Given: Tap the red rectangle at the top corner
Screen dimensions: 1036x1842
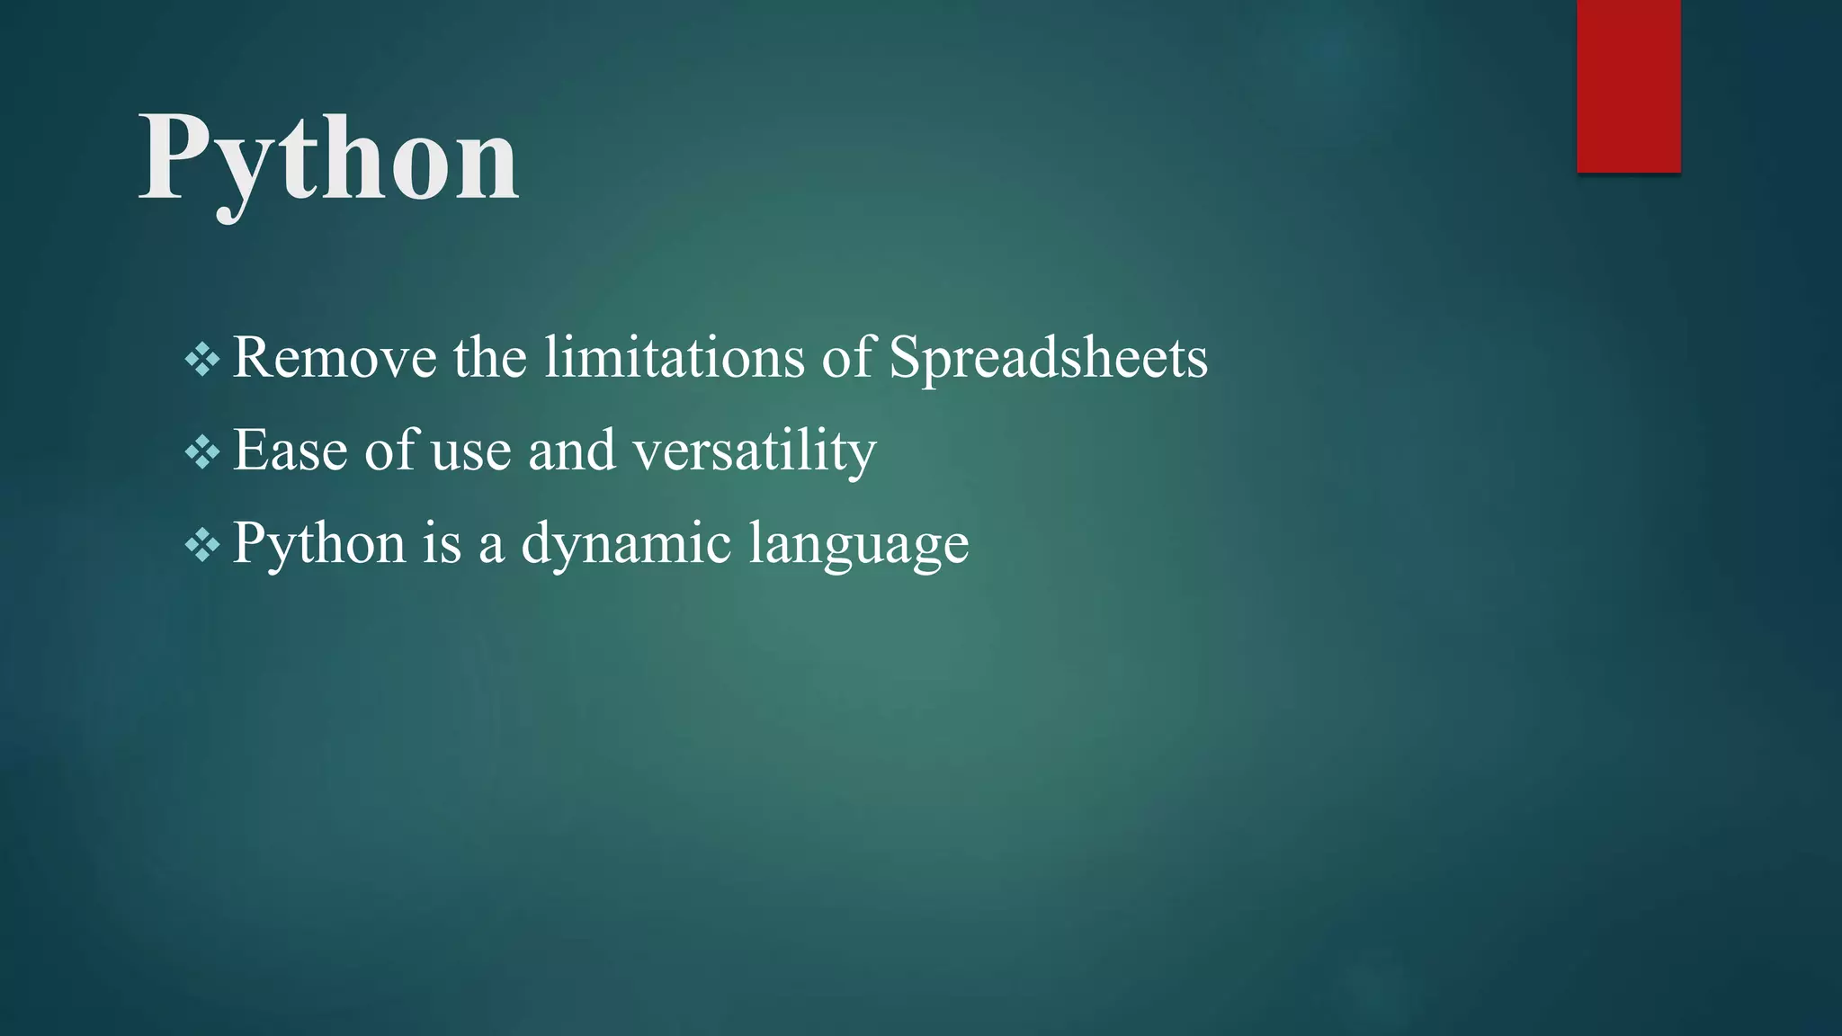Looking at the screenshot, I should pyautogui.click(x=1628, y=85).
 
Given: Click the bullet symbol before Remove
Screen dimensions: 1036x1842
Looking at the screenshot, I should pyautogui.click(x=201, y=360).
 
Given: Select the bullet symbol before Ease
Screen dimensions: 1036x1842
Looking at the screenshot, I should pyautogui.click(x=201, y=451).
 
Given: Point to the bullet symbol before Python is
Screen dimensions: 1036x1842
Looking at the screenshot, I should pyautogui.click(x=201, y=545).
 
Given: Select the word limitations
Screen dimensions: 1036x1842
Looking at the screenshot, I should pyautogui.click(x=674, y=358).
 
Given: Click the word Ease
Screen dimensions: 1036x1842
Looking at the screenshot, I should pyautogui.click(x=290, y=450).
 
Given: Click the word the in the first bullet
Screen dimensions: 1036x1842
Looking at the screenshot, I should pyautogui.click(x=489, y=358).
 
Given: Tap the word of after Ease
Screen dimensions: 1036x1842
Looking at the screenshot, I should pyautogui.click(x=390, y=450).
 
